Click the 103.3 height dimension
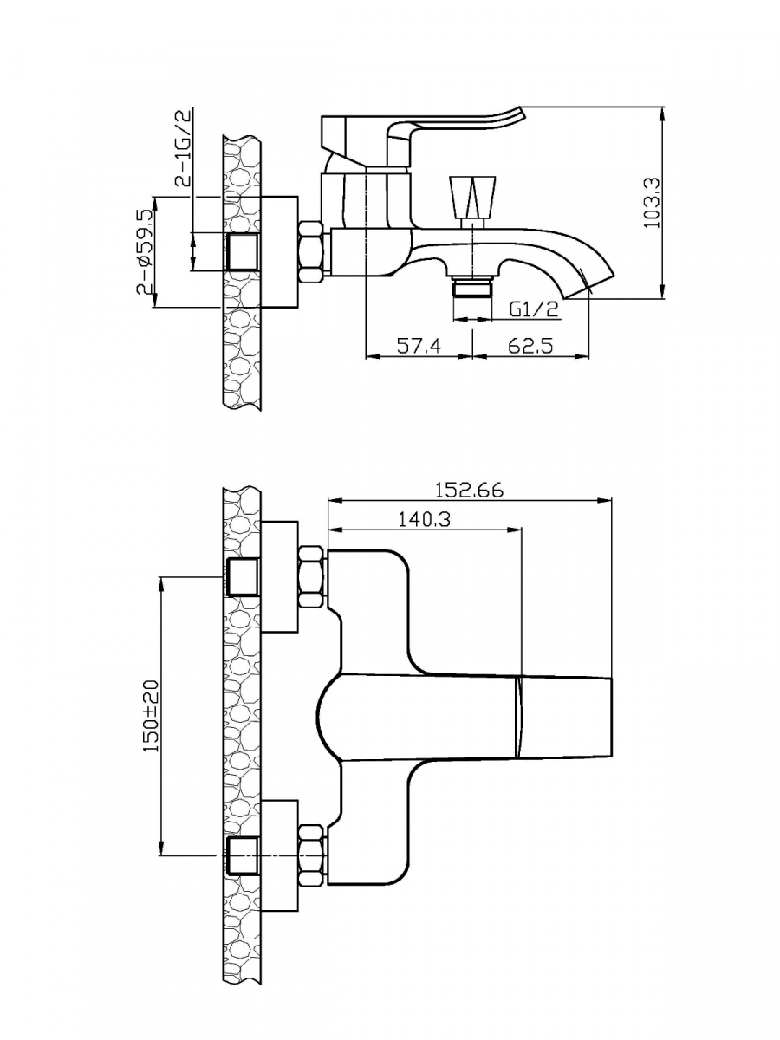coord(653,202)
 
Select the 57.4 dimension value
coord(419,345)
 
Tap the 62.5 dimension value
coord(530,345)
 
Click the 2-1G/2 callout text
coord(183,147)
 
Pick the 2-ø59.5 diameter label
coord(146,251)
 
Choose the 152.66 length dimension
coord(470,491)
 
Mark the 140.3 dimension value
coord(424,520)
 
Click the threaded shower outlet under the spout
coord(472,286)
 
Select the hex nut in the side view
coord(313,251)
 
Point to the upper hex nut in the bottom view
coord(313,577)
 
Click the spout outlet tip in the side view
coord(590,287)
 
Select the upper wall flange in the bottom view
coord(279,576)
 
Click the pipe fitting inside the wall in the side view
coord(243,251)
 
